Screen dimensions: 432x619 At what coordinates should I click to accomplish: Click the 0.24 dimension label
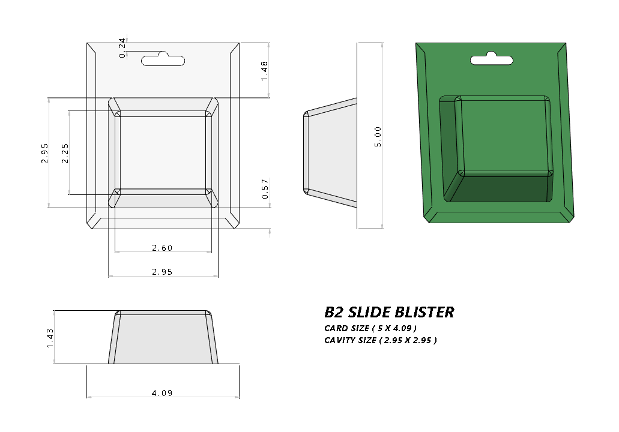(122, 48)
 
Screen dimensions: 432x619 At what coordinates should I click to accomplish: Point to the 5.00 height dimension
(378, 136)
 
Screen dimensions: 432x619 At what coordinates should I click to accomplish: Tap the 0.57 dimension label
(264, 188)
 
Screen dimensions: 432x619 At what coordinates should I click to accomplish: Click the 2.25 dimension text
(65, 153)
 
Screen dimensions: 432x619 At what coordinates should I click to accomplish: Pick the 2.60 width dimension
(162, 247)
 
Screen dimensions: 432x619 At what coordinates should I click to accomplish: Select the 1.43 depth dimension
(50, 337)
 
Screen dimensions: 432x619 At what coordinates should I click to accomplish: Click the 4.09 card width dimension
(162, 393)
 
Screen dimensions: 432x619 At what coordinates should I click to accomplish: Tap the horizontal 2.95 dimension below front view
(162, 272)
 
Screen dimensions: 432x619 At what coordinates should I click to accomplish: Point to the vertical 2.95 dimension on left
(44, 153)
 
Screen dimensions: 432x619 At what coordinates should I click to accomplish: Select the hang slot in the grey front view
(163, 59)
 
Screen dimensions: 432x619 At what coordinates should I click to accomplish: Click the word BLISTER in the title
(425, 312)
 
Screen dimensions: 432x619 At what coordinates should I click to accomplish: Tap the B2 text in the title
(334, 312)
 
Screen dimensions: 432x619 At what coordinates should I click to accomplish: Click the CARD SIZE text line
(370, 328)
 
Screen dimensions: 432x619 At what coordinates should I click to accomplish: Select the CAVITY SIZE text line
(380, 340)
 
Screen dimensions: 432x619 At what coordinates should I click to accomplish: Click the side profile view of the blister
(330, 153)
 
